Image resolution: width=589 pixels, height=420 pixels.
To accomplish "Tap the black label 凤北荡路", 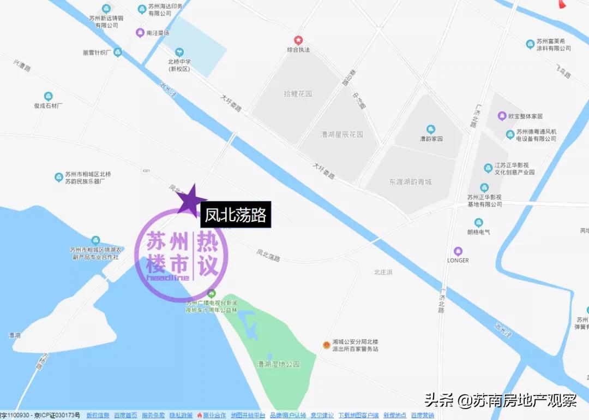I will [236, 215].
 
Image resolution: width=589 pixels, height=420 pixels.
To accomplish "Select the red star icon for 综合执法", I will [298, 40].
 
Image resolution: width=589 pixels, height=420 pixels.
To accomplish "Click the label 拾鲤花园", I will [298, 94].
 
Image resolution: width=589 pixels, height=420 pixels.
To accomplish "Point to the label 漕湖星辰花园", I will [342, 134].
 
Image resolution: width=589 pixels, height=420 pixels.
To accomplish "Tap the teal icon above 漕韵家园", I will [431, 129].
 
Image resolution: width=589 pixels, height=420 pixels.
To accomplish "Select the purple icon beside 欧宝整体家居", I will [502, 116].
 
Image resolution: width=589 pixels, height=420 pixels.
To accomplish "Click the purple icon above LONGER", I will [458, 251].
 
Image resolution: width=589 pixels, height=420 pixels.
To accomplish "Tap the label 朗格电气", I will [478, 232].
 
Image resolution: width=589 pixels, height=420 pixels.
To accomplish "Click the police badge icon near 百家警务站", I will [326, 345].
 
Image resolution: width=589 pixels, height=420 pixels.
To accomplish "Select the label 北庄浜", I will [383, 271].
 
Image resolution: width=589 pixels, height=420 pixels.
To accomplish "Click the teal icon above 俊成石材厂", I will [49, 97].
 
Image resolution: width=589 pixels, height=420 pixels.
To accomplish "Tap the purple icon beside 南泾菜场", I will [140, 32].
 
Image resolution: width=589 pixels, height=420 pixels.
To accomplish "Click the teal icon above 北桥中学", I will [179, 52].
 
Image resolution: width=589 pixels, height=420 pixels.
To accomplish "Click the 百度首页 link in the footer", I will [125, 416].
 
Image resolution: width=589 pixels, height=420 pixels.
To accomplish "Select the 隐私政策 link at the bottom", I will [181, 416].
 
